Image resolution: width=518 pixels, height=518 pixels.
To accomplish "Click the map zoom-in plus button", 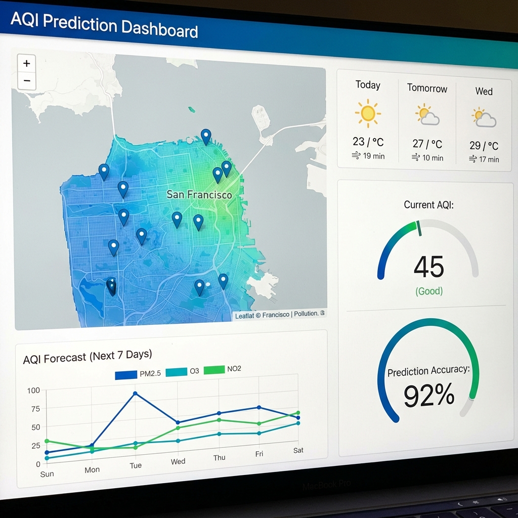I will [27, 63].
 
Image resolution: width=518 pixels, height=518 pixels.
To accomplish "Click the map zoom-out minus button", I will [27, 80].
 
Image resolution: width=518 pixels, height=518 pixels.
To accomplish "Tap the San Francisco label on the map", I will [199, 195].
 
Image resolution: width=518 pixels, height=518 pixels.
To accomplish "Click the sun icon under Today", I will [368, 113].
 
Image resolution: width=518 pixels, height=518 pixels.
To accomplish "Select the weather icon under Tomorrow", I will [427, 115].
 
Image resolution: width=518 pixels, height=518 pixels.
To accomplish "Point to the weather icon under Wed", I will [484, 117].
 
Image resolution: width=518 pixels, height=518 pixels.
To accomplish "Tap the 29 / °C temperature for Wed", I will [484, 146].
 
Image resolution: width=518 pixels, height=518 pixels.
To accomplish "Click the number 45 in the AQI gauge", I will [428, 267].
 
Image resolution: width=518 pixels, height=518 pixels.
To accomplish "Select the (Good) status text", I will [429, 291].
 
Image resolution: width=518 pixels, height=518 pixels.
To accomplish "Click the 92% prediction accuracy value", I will [429, 396].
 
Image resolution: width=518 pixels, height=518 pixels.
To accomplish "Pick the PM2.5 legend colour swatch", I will [126, 375].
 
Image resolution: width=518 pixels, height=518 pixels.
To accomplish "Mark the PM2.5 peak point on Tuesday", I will [135, 393].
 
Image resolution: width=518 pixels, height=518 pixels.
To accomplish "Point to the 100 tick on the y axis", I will [33, 391].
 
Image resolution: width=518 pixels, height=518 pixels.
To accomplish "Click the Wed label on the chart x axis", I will [178, 461].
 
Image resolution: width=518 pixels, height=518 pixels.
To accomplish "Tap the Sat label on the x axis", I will [298, 450].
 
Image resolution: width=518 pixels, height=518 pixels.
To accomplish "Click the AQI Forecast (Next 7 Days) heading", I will [88, 357].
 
